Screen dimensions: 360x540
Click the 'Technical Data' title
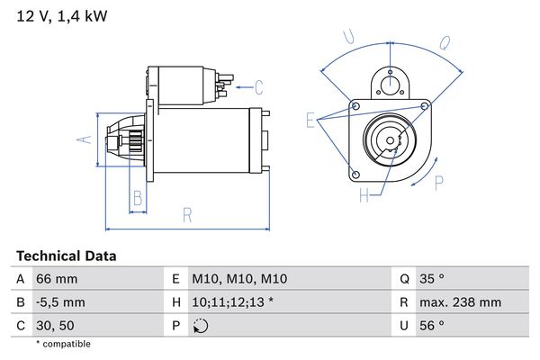(x=66, y=256)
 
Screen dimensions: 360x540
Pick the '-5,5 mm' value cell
(x=60, y=302)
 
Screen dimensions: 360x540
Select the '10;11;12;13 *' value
(x=233, y=302)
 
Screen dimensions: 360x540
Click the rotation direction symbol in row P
(x=200, y=326)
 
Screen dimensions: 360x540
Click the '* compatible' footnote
(x=63, y=344)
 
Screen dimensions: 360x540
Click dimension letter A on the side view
(x=83, y=139)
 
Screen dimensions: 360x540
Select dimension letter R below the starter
(x=186, y=214)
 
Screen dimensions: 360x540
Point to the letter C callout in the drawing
(x=258, y=87)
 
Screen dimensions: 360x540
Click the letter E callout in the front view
(x=310, y=120)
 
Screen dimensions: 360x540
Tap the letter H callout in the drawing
(x=364, y=194)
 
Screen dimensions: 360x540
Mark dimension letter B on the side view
(x=137, y=197)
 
